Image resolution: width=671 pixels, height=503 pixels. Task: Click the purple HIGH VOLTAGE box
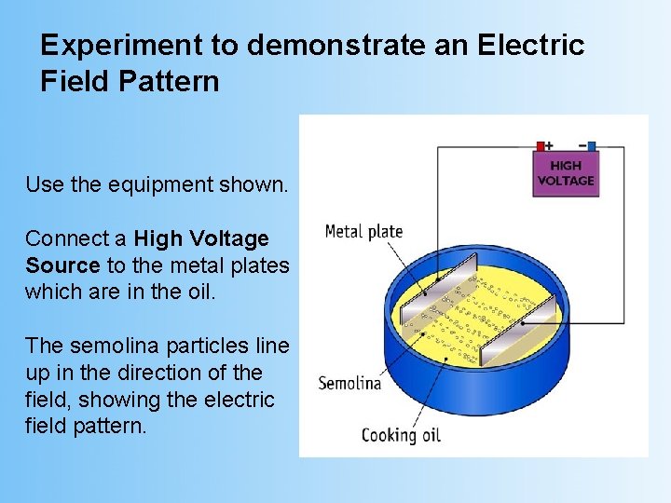pyautogui.click(x=565, y=173)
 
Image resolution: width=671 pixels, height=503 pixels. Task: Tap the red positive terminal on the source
pyautogui.click(x=540, y=146)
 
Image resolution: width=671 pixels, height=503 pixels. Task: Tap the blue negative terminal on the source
pyautogui.click(x=591, y=146)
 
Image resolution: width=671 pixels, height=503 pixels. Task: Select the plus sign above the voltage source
pyautogui.click(x=549, y=144)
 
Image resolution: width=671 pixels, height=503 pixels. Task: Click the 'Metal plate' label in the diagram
pyautogui.click(x=363, y=231)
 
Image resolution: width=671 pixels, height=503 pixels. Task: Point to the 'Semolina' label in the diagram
pyautogui.click(x=349, y=383)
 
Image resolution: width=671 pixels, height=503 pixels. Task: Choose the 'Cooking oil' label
pyautogui.click(x=401, y=434)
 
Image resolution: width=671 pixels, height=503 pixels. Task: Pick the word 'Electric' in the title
pyautogui.click(x=532, y=46)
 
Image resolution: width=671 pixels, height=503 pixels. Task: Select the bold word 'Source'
pyautogui.click(x=62, y=265)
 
